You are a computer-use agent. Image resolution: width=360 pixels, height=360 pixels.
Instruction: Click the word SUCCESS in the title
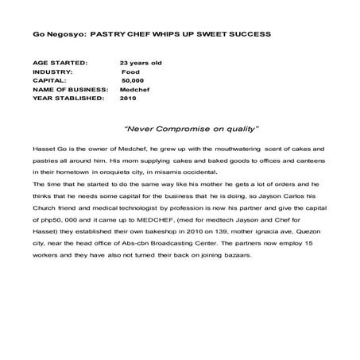point(246,35)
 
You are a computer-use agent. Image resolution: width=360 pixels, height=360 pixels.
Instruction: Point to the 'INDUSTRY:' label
point(52,71)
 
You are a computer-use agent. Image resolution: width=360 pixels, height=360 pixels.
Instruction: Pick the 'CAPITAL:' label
point(50,80)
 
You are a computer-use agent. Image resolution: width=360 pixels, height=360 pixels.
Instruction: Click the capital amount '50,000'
point(132,80)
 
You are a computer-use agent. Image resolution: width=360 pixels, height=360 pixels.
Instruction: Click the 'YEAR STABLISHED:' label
point(68,99)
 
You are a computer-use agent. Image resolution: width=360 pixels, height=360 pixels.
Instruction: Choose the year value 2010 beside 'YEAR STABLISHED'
point(128,99)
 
